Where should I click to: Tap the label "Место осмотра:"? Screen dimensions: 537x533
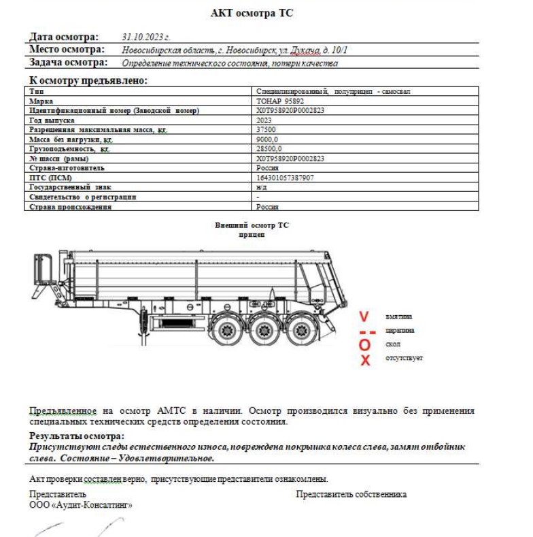coord(67,50)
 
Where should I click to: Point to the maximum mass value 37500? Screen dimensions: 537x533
coord(266,129)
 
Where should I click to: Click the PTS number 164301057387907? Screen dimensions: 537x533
coord(286,177)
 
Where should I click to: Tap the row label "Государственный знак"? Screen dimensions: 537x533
coord(75,186)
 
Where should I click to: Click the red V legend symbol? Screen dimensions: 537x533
coord(365,316)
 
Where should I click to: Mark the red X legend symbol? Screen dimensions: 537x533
coord(365,360)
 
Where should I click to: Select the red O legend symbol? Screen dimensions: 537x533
coord(365,345)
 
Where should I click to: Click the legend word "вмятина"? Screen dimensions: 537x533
coord(398,316)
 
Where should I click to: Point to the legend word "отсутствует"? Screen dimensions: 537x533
coord(404,358)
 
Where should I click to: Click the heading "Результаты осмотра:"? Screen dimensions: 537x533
coord(77,436)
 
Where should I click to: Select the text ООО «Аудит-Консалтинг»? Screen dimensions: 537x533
coord(81,505)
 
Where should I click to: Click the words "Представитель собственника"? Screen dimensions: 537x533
coord(351,494)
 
